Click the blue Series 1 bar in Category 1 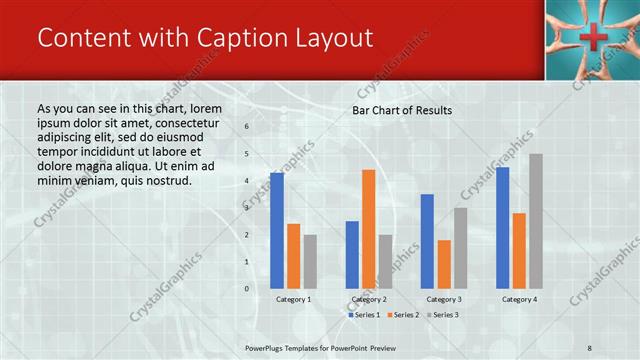(277, 230)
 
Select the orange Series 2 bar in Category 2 (369, 228)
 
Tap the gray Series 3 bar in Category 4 (536, 221)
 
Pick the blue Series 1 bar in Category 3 (427, 241)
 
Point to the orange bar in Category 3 (444, 264)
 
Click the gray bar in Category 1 (310, 261)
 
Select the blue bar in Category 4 (502, 227)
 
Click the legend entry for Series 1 (363, 315)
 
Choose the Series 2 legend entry (402, 315)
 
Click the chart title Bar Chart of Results (402, 110)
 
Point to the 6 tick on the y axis (246, 127)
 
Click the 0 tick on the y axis (246, 289)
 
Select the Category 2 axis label (369, 299)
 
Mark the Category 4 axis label (519, 299)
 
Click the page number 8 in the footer (590, 347)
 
